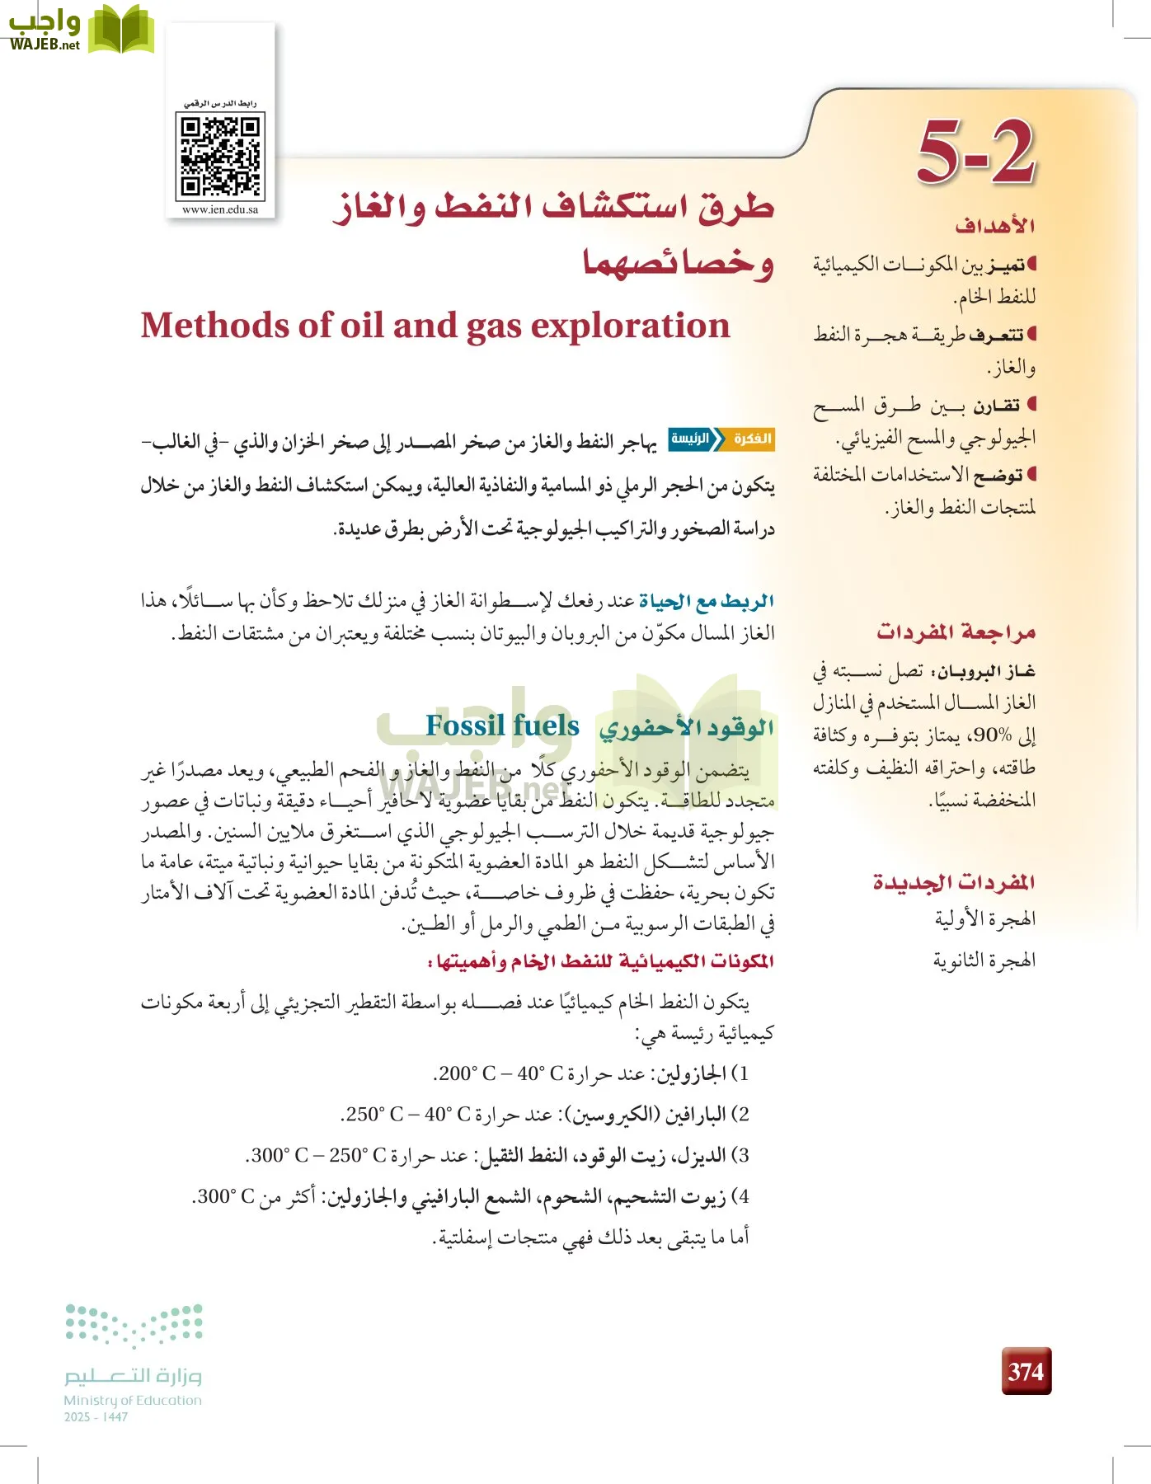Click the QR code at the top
220,156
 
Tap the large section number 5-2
976,152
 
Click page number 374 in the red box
1026,1371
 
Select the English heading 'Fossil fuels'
502,726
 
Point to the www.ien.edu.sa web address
220,209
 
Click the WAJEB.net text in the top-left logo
45,45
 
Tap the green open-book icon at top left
121,30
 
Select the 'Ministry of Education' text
133,1400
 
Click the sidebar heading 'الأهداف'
995,226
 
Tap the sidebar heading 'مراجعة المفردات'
956,632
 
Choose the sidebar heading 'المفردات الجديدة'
954,882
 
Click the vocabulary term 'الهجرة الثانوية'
984,960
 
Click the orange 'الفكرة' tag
751,439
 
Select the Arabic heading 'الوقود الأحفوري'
686,728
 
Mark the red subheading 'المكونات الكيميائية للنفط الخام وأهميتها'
600,961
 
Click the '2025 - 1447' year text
96,1417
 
